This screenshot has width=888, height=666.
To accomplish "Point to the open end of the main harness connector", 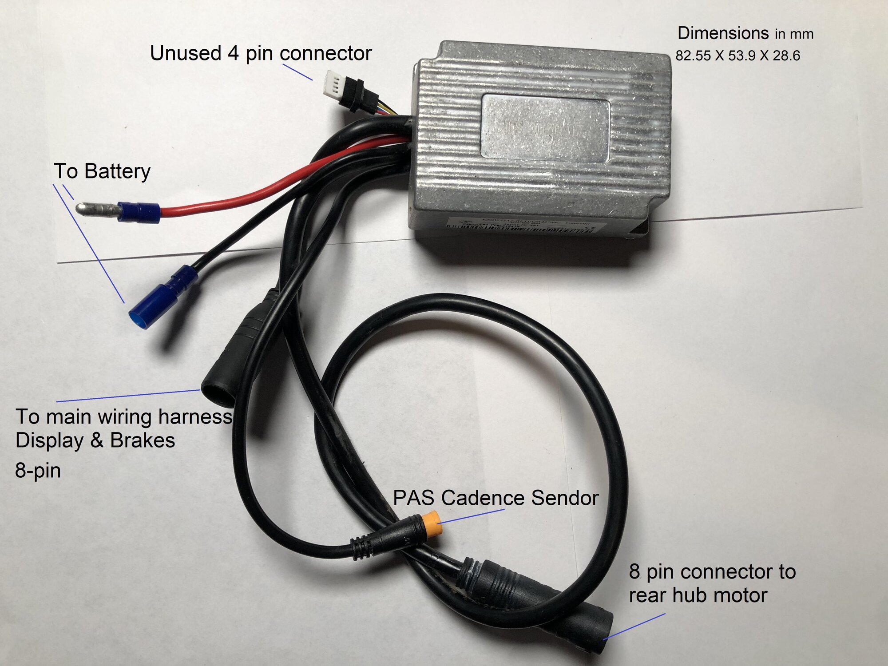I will tap(217, 391).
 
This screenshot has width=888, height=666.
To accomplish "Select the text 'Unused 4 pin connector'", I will tap(261, 54).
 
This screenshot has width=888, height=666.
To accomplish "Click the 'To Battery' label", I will tap(102, 171).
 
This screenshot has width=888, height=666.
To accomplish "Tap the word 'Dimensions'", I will tap(723, 33).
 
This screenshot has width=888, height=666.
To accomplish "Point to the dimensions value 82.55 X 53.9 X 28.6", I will tap(737, 56).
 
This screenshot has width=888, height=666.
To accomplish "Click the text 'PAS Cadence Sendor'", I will tap(496, 498).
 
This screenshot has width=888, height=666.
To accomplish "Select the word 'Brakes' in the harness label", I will tap(143, 440).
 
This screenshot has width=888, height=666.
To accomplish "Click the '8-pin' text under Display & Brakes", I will tap(38, 471).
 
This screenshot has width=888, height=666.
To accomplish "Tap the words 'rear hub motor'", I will tap(698, 595).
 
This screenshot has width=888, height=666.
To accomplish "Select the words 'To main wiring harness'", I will tap(124, 417).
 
